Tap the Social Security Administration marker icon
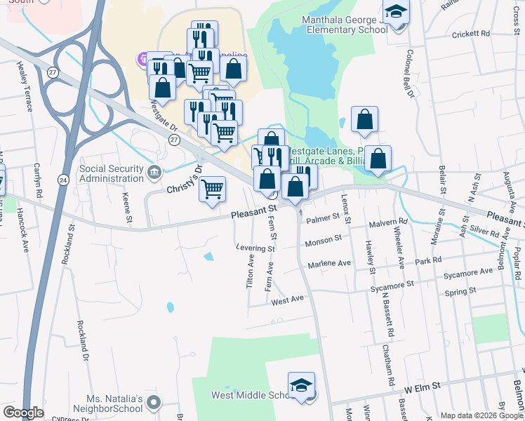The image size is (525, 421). (155, 171)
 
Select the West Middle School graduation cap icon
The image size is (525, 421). (301, 386)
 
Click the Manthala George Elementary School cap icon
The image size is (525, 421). (397, 14)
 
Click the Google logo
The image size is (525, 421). (23, 413)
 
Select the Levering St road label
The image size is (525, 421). (255, 248)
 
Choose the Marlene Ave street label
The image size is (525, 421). (329, 263)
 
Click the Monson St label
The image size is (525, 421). (323, 239)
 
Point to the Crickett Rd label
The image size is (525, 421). (470, 34)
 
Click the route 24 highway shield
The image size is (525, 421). (63, 180)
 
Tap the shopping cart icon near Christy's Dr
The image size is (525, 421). (212, 189)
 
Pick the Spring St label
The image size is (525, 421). (460, 290)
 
